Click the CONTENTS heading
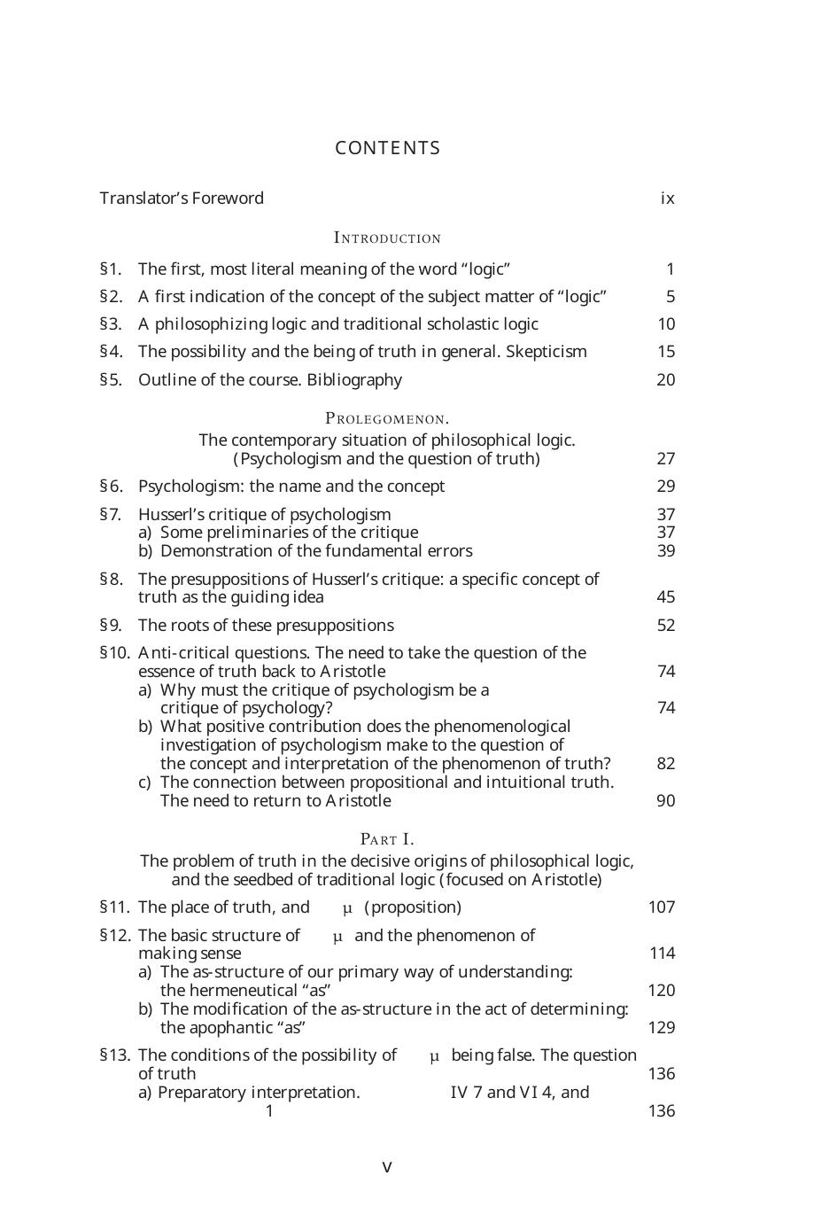click(x=387, y=148)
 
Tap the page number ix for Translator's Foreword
click(x=667, y=199)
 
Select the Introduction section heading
click(x=387, y=238)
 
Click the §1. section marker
click(x=111, y=269)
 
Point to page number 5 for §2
click(x=671, y=297)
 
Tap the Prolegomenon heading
click(x=387, y=418)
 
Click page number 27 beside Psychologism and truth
click(x=666, y=459)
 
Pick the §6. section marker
click(x=112, y=487)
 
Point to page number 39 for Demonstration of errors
click(x=666, y=551)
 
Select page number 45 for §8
click(x=666, y=597)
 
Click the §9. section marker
click(x=112, y=626)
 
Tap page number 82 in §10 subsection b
click(x=666, y=764)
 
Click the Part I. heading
click(x=387, y=839)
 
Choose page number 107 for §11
click(x=662, y=907)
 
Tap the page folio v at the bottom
click(x=387, y=1167)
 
